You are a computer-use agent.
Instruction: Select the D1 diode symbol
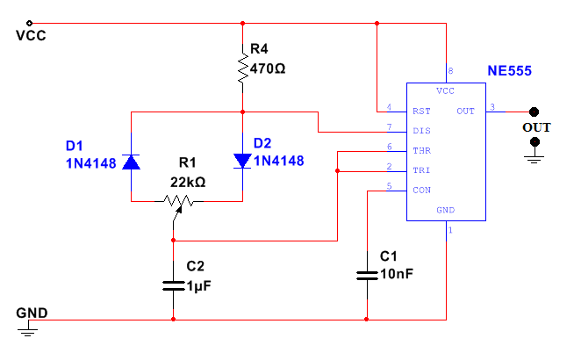coord(132,162)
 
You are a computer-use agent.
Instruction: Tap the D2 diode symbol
coord(241,161)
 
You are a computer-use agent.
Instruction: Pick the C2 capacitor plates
coord(173,284)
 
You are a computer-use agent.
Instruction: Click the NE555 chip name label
coord(509,70)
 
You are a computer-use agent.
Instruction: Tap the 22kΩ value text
coord(186,182)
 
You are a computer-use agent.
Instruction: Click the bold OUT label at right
coord(536,127)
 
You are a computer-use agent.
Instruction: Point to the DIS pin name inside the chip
coord(420,131)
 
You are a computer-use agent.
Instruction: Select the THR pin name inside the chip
coord(420,150)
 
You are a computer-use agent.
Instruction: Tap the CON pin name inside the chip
coord(420,190)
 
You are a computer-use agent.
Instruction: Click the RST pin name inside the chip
coord(420,112)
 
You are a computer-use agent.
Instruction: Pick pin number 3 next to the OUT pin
coord(492,107)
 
